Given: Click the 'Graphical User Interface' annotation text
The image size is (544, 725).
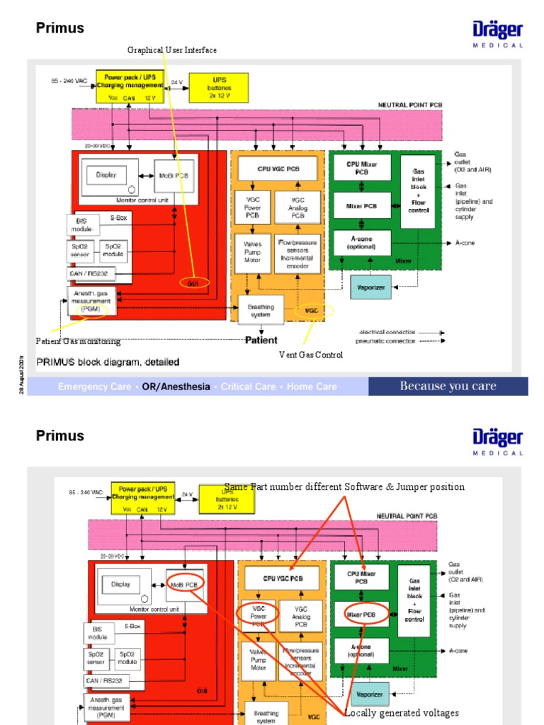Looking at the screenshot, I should click(x=172, y=50).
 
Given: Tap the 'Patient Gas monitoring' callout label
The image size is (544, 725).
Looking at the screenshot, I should click(x=79, y=342).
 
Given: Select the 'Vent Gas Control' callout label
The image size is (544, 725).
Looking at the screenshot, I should click(x=311, y=355).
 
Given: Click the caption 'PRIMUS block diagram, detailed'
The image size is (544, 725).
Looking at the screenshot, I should click(x=108, y=362).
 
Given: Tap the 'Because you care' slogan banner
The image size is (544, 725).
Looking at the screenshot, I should click(x=448, y=386).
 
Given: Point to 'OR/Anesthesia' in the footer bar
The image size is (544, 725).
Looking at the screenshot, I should click(x=176, y=387).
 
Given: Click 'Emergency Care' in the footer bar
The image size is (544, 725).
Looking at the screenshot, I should click(x=94, y=387).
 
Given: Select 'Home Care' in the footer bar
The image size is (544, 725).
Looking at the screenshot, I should click(x=312, y=387).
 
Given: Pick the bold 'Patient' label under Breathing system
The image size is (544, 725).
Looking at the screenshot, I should click(x=261, y=341).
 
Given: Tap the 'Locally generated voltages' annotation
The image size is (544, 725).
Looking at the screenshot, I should click(x=402, y=713).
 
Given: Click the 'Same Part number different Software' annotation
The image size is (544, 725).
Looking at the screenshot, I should click(x=344, y=487).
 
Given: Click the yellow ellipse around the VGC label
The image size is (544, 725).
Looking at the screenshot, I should click(x=312, y=311).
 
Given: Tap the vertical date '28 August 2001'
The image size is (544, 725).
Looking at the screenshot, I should click(x=22, y=375).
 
